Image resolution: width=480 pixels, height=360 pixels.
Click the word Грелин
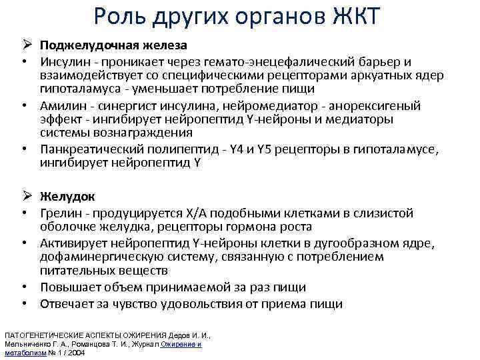click(x=59, y=213)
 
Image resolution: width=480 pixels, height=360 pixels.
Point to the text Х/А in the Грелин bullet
click(x=193, y=213)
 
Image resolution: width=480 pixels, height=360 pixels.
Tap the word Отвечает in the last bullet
click(x=65, y=304)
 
